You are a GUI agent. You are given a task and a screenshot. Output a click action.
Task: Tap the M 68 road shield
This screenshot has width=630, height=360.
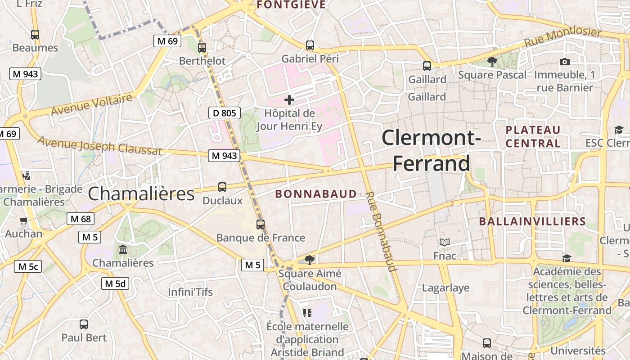pos(81,219)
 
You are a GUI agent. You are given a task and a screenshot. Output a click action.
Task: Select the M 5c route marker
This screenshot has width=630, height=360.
pos(27,266)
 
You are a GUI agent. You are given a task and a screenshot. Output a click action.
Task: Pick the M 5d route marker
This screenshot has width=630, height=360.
pos(115,283)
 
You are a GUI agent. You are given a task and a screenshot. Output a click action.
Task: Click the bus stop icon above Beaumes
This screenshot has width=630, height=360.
pos(35,34)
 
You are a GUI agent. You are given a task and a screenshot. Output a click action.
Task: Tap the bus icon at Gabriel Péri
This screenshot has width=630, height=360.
pos(310,45)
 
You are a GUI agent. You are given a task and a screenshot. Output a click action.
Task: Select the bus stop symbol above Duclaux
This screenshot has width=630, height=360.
pos(222,187)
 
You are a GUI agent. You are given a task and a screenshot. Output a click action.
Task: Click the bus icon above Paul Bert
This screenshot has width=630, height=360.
pos(84,324)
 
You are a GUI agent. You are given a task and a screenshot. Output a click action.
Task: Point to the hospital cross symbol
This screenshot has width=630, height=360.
pos(289,100)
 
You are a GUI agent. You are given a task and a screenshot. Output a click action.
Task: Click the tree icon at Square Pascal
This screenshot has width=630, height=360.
pos(492,62)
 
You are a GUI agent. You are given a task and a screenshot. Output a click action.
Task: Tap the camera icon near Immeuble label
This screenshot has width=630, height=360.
pos(565,62)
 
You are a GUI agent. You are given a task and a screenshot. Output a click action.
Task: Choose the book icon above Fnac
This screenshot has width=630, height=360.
pos(445,243)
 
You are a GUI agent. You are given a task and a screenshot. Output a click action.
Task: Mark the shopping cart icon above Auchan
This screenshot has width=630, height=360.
pos(24,220)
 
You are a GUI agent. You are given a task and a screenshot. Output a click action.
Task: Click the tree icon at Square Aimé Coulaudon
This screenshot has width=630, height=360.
pos(309,260)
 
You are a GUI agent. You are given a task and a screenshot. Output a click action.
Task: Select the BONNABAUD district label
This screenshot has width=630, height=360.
pos(316,194)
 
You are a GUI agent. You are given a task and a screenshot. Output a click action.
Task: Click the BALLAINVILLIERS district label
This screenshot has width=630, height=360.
pos(532,221)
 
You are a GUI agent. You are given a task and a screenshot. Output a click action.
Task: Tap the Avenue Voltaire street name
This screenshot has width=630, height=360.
pos(92,104)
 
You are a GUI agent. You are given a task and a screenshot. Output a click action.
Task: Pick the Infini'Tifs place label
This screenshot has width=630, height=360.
pos(190,292)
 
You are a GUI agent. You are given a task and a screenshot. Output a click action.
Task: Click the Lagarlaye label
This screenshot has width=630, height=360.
pos(445,288)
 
